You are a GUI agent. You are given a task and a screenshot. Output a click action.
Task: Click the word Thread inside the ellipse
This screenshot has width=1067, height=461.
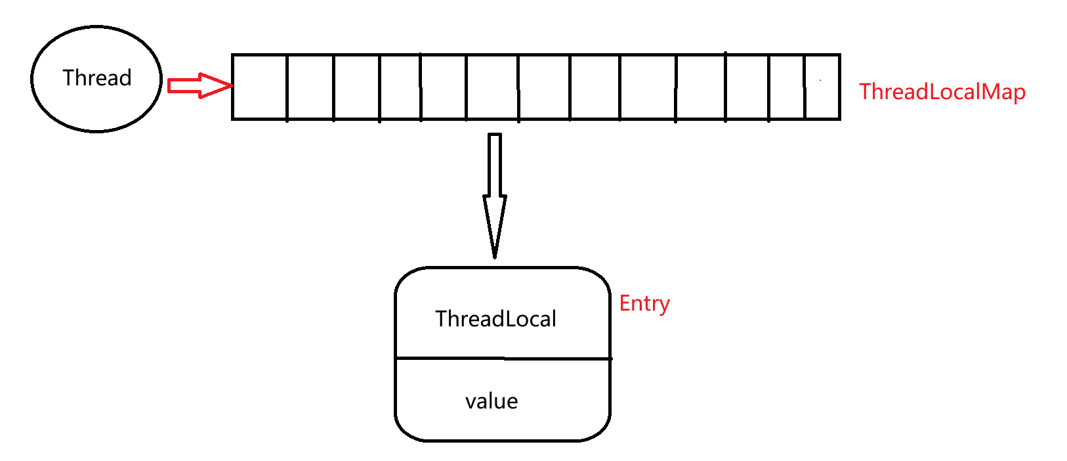coord(97,78)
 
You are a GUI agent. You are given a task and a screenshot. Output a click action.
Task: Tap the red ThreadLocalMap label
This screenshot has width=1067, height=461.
coord(942,92)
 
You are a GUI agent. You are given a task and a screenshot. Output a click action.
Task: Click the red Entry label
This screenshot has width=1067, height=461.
coord(644,303)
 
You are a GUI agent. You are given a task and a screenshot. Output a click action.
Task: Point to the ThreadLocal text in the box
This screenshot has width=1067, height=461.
coord(495,319)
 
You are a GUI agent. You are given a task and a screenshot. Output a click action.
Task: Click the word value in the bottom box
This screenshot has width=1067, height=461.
coord(492,401)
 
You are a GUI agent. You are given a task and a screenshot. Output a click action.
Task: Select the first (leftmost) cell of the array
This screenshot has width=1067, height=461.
coord(260,87)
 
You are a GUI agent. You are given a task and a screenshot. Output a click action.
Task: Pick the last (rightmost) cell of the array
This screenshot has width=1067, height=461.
coord(822,87)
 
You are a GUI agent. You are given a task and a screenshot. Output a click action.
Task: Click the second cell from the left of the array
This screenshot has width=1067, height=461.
coord(310,87)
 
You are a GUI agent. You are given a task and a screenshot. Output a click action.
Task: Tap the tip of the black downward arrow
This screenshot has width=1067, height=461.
coord(495,255)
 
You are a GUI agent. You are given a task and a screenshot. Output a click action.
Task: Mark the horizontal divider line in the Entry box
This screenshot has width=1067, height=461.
coord(503,359)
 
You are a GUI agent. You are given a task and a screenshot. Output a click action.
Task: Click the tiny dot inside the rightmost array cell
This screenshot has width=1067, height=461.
coord(820,80)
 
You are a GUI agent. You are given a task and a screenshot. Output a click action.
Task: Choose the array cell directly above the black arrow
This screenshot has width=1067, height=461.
coord(492,87)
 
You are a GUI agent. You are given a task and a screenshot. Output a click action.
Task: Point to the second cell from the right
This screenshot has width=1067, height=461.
coord(787,87)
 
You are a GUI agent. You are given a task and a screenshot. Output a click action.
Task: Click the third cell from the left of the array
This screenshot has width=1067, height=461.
coord(356,87)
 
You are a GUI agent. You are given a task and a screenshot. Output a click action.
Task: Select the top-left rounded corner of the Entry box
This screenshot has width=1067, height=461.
coord(404,276)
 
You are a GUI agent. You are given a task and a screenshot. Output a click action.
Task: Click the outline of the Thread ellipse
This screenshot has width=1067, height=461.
coord(31,79)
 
